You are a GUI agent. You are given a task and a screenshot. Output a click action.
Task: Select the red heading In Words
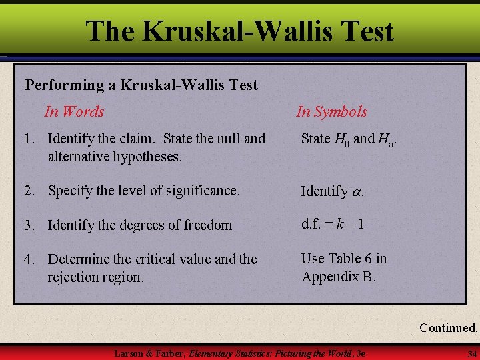[x=74, y=111]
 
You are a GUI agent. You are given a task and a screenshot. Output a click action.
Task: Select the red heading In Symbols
[x=331, y=111]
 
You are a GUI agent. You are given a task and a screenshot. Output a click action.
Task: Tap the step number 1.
[x=28, y=139]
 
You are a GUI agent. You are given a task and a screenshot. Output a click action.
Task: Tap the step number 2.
[x=28, y=191]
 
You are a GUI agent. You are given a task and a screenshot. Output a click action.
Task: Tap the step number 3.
[x=28, y=225]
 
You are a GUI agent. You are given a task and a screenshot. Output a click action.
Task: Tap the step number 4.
[x=28, y=259]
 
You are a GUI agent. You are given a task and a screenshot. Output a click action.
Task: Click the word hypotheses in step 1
[x=151, y=157]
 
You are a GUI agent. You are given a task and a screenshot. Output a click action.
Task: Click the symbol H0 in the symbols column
[x=342, y=139]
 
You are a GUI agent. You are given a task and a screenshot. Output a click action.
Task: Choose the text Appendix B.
[x=339, y=276]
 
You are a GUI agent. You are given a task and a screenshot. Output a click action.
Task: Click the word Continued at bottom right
[x=448, y=327]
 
